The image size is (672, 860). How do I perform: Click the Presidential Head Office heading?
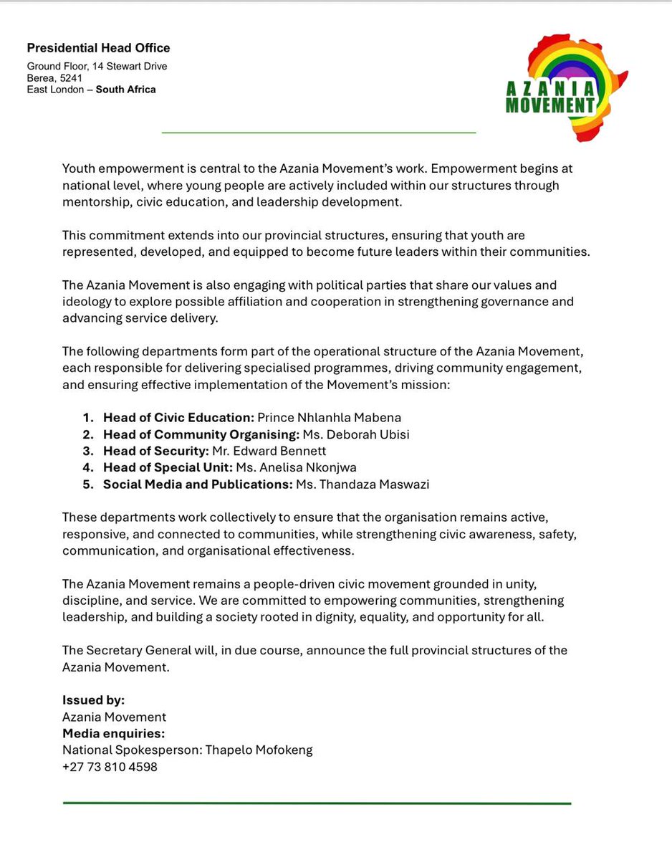pyautogui.click(x=98, y=49)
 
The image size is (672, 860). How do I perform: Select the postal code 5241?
pyautogui.click(x=70, y=78)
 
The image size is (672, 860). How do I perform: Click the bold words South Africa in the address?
pyautogui.click(x=125, y=90)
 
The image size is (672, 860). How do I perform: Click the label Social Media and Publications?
pyautogui.click(x=197, y=484)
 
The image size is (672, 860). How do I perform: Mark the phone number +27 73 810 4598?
pyautogui.click(x=110, y=767)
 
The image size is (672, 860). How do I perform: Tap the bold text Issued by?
pyautogui.click(x=93, y=700)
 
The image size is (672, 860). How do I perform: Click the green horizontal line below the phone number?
pyautogui.click(x=317, y=803)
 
